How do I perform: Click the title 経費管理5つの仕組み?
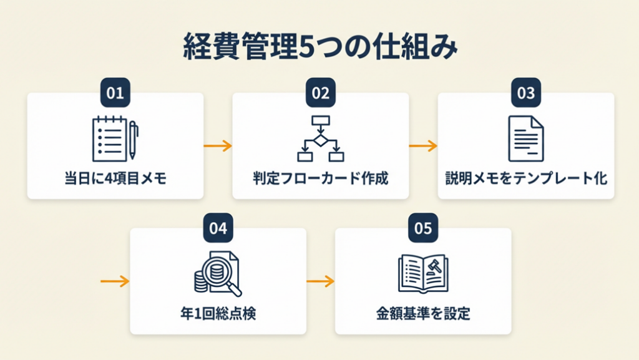pos(319,49)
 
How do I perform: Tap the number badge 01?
pos(115,93)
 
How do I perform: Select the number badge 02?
pos(320,93)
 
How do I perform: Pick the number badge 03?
pos(526,93)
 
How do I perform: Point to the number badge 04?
pos(217,228)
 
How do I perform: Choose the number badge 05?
pos(423,228)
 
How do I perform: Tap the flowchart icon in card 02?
pos(320,138)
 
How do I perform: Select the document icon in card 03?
pos(525,138)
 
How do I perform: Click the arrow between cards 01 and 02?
pos(218,146)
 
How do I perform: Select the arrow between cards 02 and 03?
pos(423,146)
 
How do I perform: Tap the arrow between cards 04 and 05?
pos(320,281)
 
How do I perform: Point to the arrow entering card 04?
pos(115,281)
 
